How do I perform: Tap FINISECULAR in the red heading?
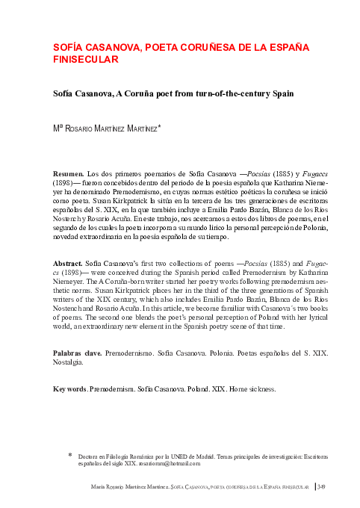point(84,59)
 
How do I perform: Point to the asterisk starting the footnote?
point(69,453)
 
